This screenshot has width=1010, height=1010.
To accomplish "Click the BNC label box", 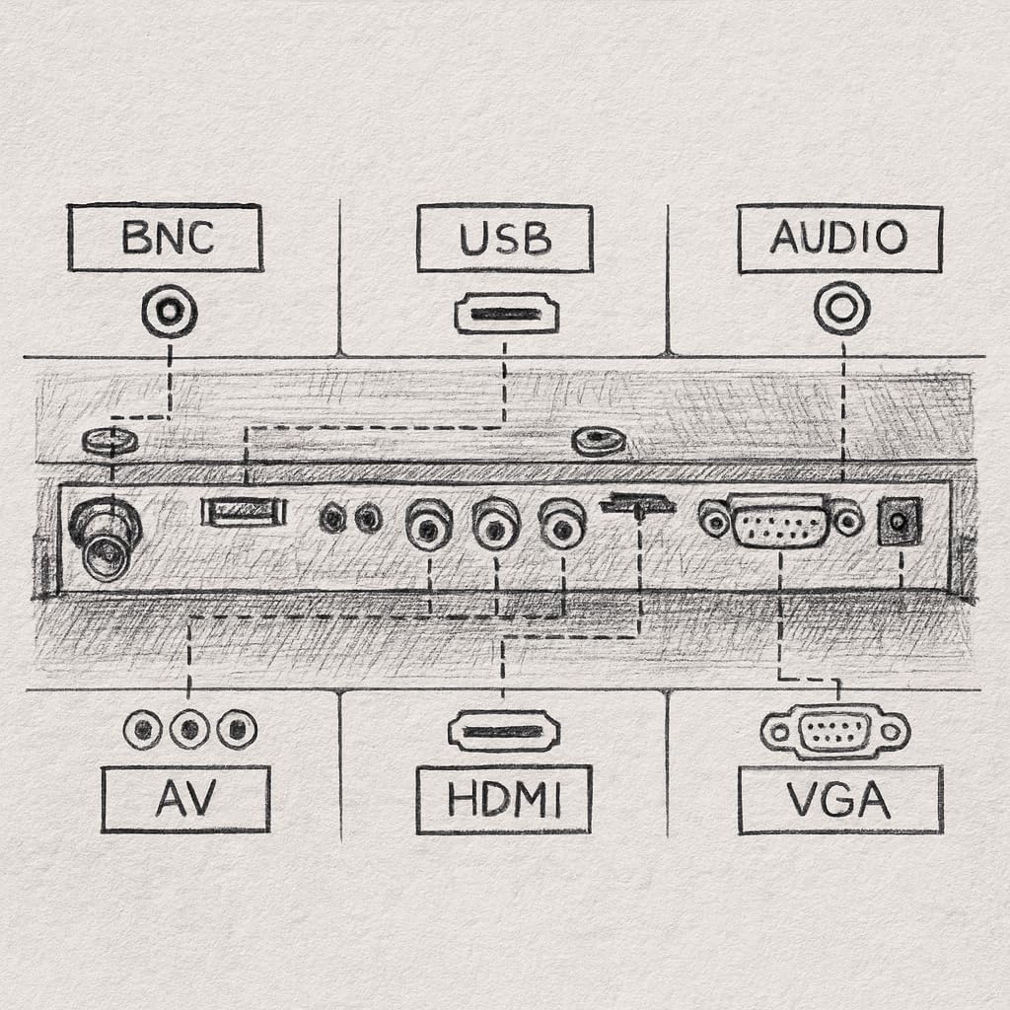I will click(165, 238).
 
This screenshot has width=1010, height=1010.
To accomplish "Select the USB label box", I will click(504, 238).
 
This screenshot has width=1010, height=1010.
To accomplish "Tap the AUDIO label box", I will click(839, 239).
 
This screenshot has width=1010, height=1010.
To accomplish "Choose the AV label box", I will click(185, 799).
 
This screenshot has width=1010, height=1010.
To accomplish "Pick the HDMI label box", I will click(504, 799).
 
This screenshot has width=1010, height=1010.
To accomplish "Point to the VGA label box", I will click(840, 799).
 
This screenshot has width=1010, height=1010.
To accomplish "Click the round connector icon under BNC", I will click(169, 312).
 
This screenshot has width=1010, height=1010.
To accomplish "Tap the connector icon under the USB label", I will click(506, 315).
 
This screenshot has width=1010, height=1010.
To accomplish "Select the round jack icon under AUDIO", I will click(841, 308).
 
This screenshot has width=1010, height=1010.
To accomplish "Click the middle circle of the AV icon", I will click(189, 730).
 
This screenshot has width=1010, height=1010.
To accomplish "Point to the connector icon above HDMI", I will click(503, 731).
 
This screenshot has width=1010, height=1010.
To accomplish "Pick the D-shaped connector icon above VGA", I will click(835, 731).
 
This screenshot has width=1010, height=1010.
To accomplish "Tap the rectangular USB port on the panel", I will click(244, 511).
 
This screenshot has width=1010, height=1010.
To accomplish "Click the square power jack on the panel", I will click(900, 520).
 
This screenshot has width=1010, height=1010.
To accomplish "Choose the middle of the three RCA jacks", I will click(495, 524).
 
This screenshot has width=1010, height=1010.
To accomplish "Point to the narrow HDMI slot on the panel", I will click(637, 504).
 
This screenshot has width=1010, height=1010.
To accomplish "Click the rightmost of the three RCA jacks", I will click(562, 524).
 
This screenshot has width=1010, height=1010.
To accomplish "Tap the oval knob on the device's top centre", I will click(599, 440).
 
